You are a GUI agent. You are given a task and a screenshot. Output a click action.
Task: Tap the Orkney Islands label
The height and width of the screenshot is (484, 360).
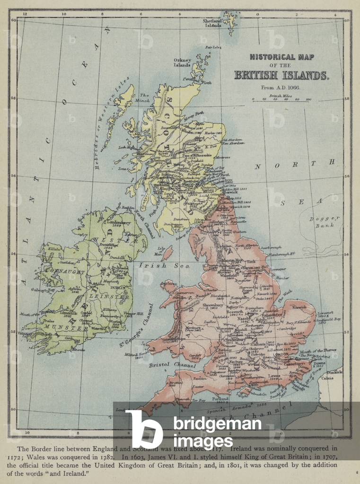(182, 62)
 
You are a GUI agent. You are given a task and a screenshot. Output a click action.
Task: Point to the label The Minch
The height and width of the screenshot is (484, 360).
(144, 97)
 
